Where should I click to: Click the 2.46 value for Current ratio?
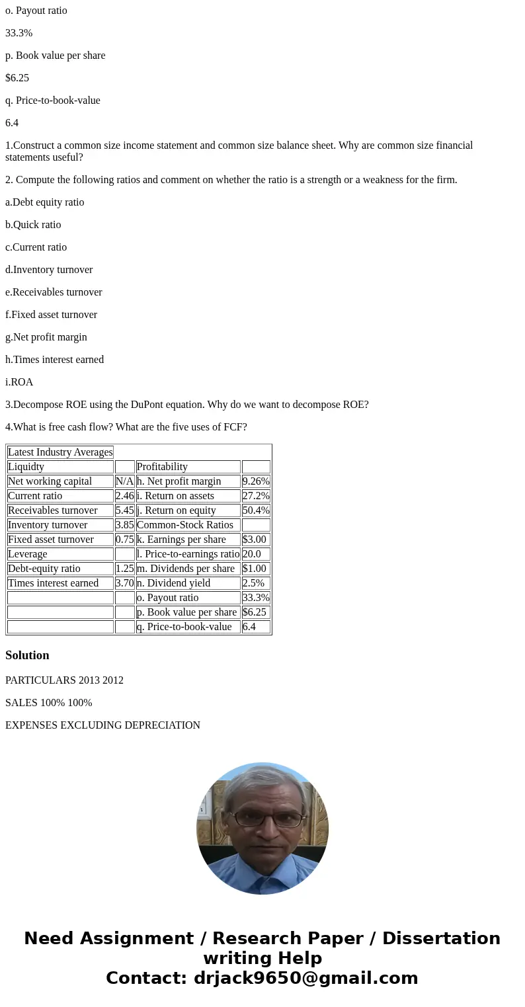[124, 496]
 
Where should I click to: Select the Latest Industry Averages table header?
[60, 452]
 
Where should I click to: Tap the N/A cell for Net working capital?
[124, 481]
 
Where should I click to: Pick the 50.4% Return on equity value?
[256, 510]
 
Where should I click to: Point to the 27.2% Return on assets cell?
[256, 496]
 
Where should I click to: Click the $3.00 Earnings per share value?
[254, 540]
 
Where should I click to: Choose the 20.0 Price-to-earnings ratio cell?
[252, 554]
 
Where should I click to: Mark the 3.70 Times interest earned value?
[124, 583]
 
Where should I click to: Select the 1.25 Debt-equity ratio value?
[124, 569]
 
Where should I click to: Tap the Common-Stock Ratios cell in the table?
[185, 525]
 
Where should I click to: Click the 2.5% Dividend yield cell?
[253, 583]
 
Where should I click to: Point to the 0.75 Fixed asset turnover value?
[124, 540]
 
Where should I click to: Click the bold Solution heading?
[27, 655]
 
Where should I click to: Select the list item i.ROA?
[19, 382]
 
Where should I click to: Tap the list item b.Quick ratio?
[33, 225]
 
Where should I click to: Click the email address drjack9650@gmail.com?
[305, 979]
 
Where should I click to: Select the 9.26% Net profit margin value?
[256, 481]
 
